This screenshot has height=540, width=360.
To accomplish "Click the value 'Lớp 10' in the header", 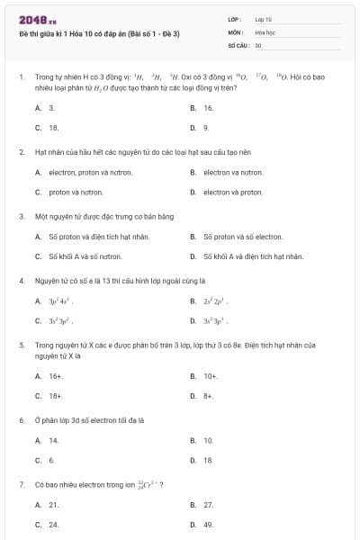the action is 264,19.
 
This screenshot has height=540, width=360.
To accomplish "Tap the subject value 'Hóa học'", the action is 264,31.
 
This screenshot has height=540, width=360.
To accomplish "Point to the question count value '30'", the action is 258,44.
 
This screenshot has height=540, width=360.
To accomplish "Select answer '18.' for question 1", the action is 54,128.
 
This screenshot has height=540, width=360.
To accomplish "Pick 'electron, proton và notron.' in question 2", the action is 86,172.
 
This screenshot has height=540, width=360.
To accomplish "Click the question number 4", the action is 22,281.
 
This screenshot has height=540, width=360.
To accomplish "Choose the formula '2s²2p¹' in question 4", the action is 217,301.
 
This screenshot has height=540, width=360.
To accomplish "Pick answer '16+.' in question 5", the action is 56,376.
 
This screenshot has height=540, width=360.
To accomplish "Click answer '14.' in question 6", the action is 54,440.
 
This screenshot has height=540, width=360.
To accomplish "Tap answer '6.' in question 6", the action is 52,460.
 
